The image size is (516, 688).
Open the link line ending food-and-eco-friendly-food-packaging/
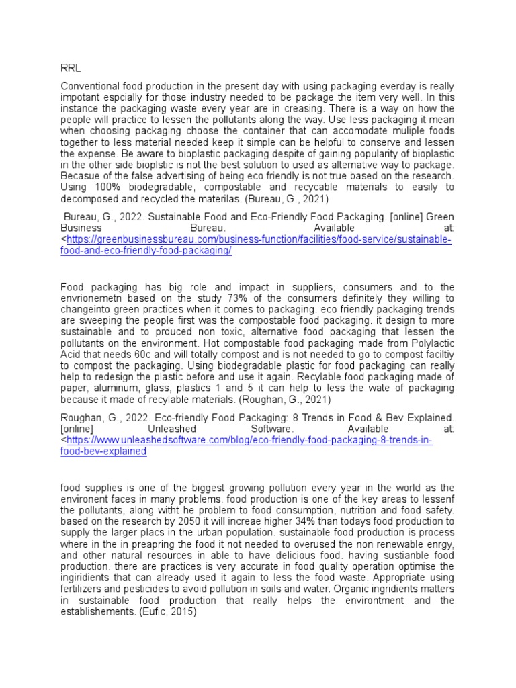(146, 250)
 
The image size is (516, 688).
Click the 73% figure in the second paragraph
(222, 298)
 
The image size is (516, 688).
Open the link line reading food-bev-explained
(103, 451)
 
